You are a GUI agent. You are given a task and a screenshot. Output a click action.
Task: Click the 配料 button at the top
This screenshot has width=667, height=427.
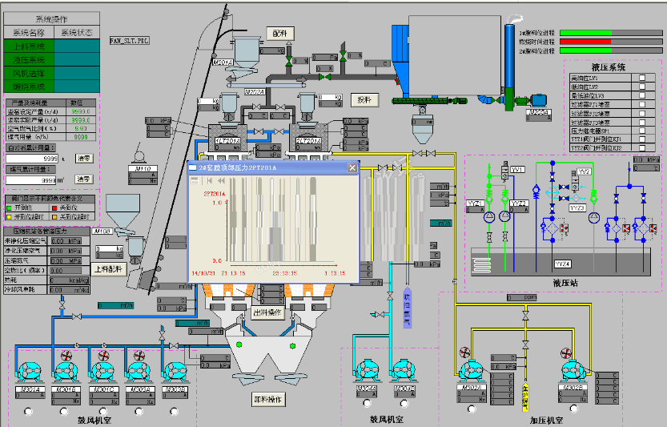coord(279,33)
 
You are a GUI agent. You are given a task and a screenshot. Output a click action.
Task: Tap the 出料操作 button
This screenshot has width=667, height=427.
coord(267,312)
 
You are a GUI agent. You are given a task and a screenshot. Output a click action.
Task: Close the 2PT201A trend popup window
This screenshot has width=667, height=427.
coord(351,167)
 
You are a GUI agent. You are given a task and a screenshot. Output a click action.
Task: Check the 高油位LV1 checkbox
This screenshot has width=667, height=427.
coord(641,78)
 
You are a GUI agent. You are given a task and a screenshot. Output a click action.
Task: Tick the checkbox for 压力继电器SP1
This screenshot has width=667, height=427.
coord(641,130)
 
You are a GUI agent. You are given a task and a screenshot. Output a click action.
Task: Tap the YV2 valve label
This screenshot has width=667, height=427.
coord(584,171)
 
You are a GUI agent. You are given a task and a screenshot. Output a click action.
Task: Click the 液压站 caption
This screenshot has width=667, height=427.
coord(565,283)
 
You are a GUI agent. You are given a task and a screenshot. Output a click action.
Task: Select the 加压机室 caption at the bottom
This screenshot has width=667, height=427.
coord(546,420)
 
